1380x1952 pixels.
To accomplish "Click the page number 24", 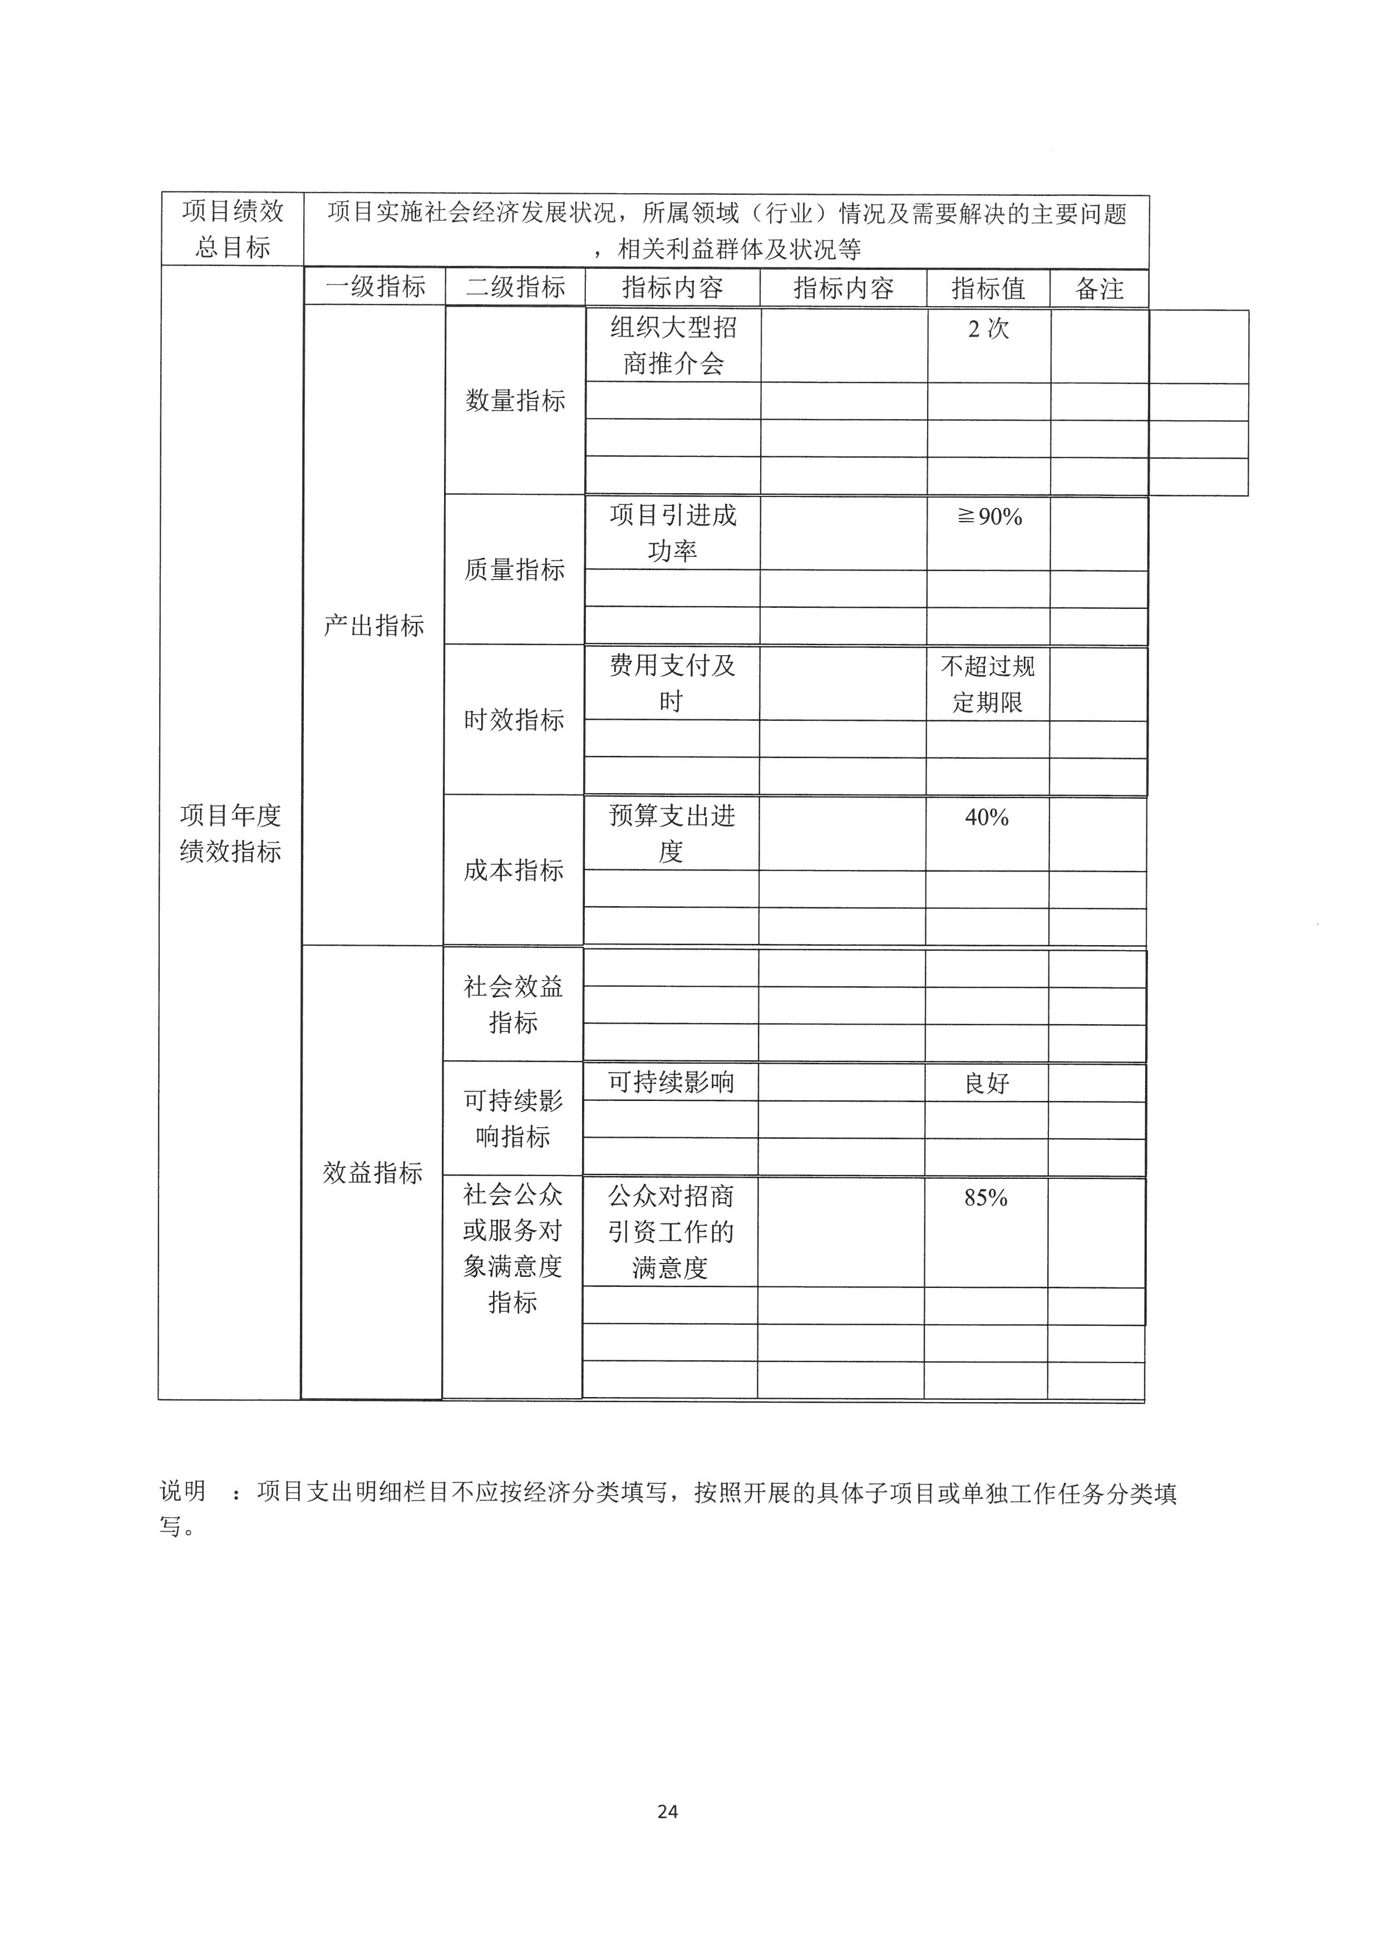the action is click(667, 1812).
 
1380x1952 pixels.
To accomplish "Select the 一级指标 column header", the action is click(374, 287).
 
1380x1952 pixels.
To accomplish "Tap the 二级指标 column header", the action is click(515, 287).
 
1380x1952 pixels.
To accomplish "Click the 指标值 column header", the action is click(988, 288).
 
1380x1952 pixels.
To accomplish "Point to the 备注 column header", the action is click(1099, 289).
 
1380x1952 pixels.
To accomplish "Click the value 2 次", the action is click(988, 328).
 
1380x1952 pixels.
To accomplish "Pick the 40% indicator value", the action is click(987, 817).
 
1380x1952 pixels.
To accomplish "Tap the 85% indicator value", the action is click(985, 1197).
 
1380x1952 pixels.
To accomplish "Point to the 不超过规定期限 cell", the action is click(987, 684).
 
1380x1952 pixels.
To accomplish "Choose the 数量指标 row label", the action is click(515, 400).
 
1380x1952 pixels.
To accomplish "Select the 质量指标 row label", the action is click(514, 569).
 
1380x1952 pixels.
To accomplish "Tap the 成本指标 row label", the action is click(513, 870).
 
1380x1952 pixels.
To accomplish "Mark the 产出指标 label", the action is click(374, 626).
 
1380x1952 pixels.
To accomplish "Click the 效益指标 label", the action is click(372, 1172).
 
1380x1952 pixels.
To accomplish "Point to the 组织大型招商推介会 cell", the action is click(673, 345).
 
